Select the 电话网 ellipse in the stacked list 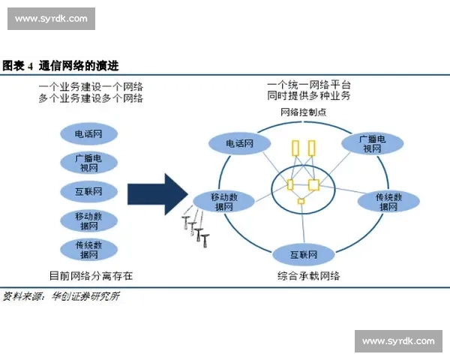pyautogui.click(x=88, y=135)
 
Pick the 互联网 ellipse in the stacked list pyautogui.click(x=88, y=190)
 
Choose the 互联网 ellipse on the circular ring pyautogui.click(x=302, y=254)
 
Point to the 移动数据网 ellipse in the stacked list pyautogui.click(x=88, y=220)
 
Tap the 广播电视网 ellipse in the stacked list pyautogui.click(x=88, y=162)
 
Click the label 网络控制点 pyautogui.click(x=303, y=112)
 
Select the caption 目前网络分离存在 pyautogui.click(x=91, y=276)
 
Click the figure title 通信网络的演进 pyautogui.click(x=79, y=66)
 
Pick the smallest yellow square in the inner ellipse pyautogui.click(x=301, y=201)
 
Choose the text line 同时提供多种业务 pyautogui.click(x=309, y=97)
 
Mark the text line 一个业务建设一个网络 pyautogui.click(x=91, y=87)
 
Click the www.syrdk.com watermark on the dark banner pyautogui.click(x=51, y=18)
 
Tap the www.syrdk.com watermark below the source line pyautogui.click(x=397, y=341)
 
